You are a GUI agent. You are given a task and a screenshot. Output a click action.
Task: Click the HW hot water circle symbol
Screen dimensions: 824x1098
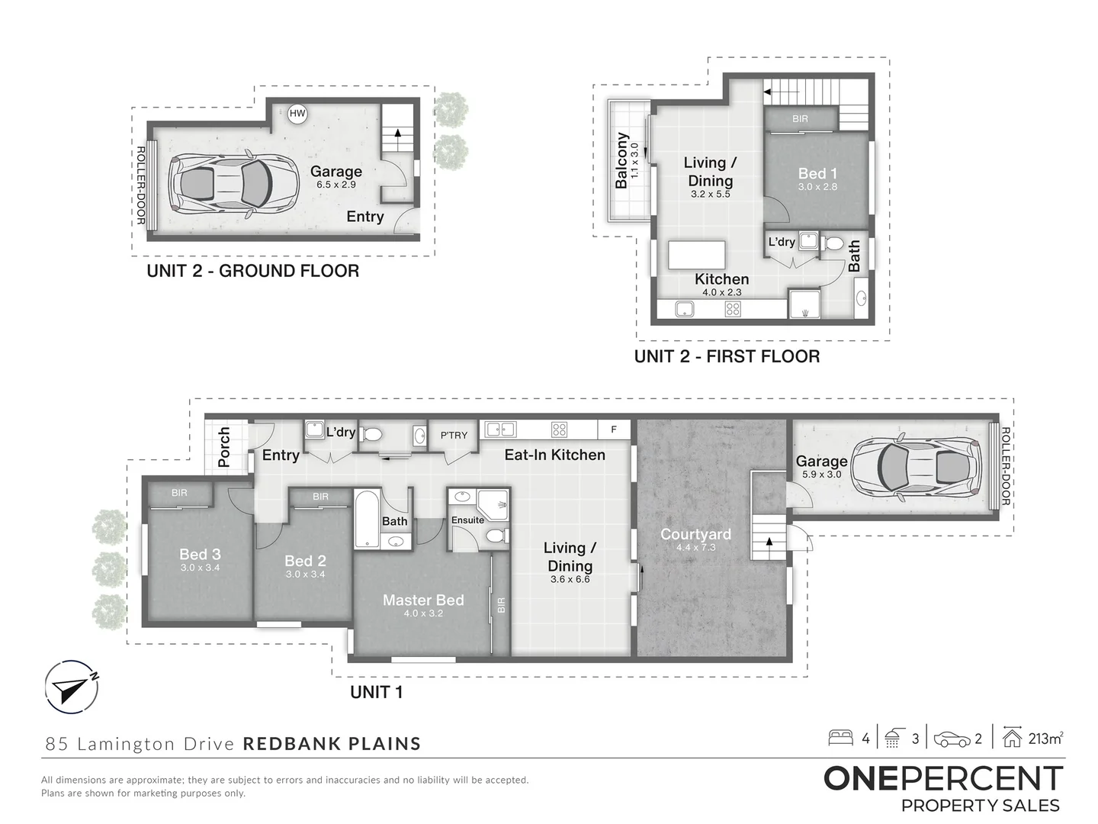click(x=297, y=114)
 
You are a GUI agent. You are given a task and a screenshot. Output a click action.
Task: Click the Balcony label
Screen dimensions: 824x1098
click(x=621, y=161)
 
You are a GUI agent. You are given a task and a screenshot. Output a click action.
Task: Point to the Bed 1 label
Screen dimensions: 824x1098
click(x=817, y=173)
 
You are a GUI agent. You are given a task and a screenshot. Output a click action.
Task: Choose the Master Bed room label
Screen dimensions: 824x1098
click(x=423, y=600)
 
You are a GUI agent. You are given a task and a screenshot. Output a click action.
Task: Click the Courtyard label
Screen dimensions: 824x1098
click(x=695, y=534)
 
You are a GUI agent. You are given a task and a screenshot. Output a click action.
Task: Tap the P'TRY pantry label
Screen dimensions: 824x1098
click(x=454, y=435)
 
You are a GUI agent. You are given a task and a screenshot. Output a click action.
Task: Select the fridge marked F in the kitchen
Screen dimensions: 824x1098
click(x=613, y=430)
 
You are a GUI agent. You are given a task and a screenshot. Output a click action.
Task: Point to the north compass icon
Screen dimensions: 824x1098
click(x=71, y=686)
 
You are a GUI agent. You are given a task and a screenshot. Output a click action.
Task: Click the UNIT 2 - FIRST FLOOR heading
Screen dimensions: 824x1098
click(x=727, y=356)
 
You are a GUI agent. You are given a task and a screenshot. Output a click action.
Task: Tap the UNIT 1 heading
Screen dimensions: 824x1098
click(x=376, y=692)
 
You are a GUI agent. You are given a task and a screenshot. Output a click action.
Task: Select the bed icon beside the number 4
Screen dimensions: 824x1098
click(x=841, y=738)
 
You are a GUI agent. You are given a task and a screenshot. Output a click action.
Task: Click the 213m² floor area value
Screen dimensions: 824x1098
click(x=1045, y=739)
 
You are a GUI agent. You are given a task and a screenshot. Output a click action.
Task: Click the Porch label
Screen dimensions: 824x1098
click(x=224, y=447)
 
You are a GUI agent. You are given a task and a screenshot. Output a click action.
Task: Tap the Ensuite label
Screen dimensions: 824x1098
click(x=467, y=520)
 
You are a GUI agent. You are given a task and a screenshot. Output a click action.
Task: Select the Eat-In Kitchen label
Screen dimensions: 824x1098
click(x=554, y=455)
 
